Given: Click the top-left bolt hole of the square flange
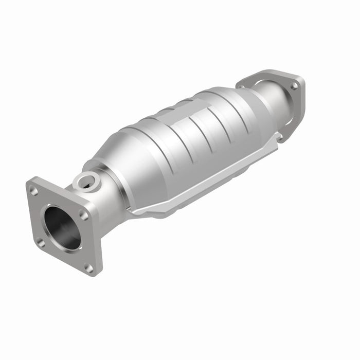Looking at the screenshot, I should click(34, 191).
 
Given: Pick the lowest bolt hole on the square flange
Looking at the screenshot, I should click(88, 267).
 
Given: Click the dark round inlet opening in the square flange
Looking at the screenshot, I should click(62, 227).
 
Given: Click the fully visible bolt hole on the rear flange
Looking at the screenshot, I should click(294, 86).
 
